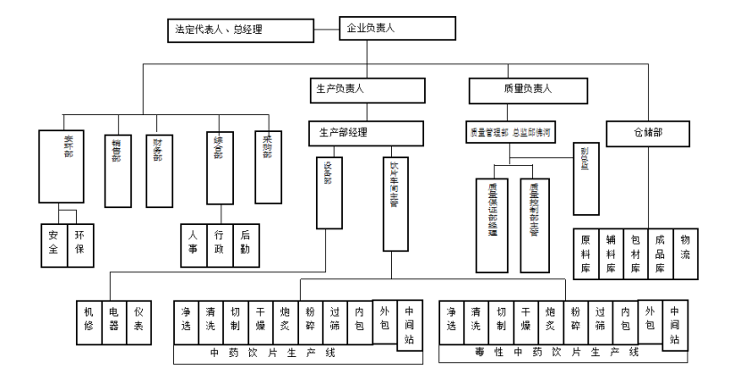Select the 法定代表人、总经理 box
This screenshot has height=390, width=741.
(x=238, y=30)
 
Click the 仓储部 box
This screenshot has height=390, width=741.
(x=649, y=133)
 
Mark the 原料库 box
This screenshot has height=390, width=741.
(x=586, y=253)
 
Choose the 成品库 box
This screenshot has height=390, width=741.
(x=660, y=253)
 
